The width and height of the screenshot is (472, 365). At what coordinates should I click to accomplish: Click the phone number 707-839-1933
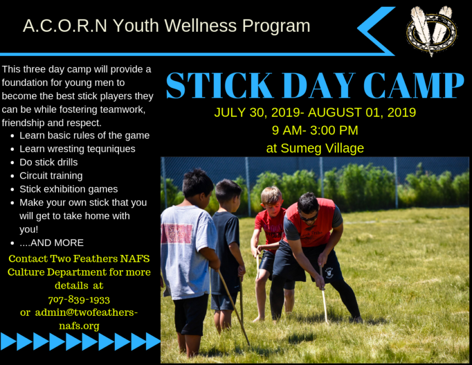(79, 299)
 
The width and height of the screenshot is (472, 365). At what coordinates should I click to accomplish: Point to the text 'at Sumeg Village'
(315, 148)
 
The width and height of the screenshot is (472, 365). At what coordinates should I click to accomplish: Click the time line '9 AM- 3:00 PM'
(315, 131)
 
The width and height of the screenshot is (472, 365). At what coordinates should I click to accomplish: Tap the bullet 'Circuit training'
(51, 176)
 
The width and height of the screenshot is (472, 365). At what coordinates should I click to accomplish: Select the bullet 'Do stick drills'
(49, 162)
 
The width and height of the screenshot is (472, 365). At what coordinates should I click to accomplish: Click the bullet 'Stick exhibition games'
(69, 189)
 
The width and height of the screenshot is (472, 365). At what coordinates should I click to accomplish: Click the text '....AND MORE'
(51, 243)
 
